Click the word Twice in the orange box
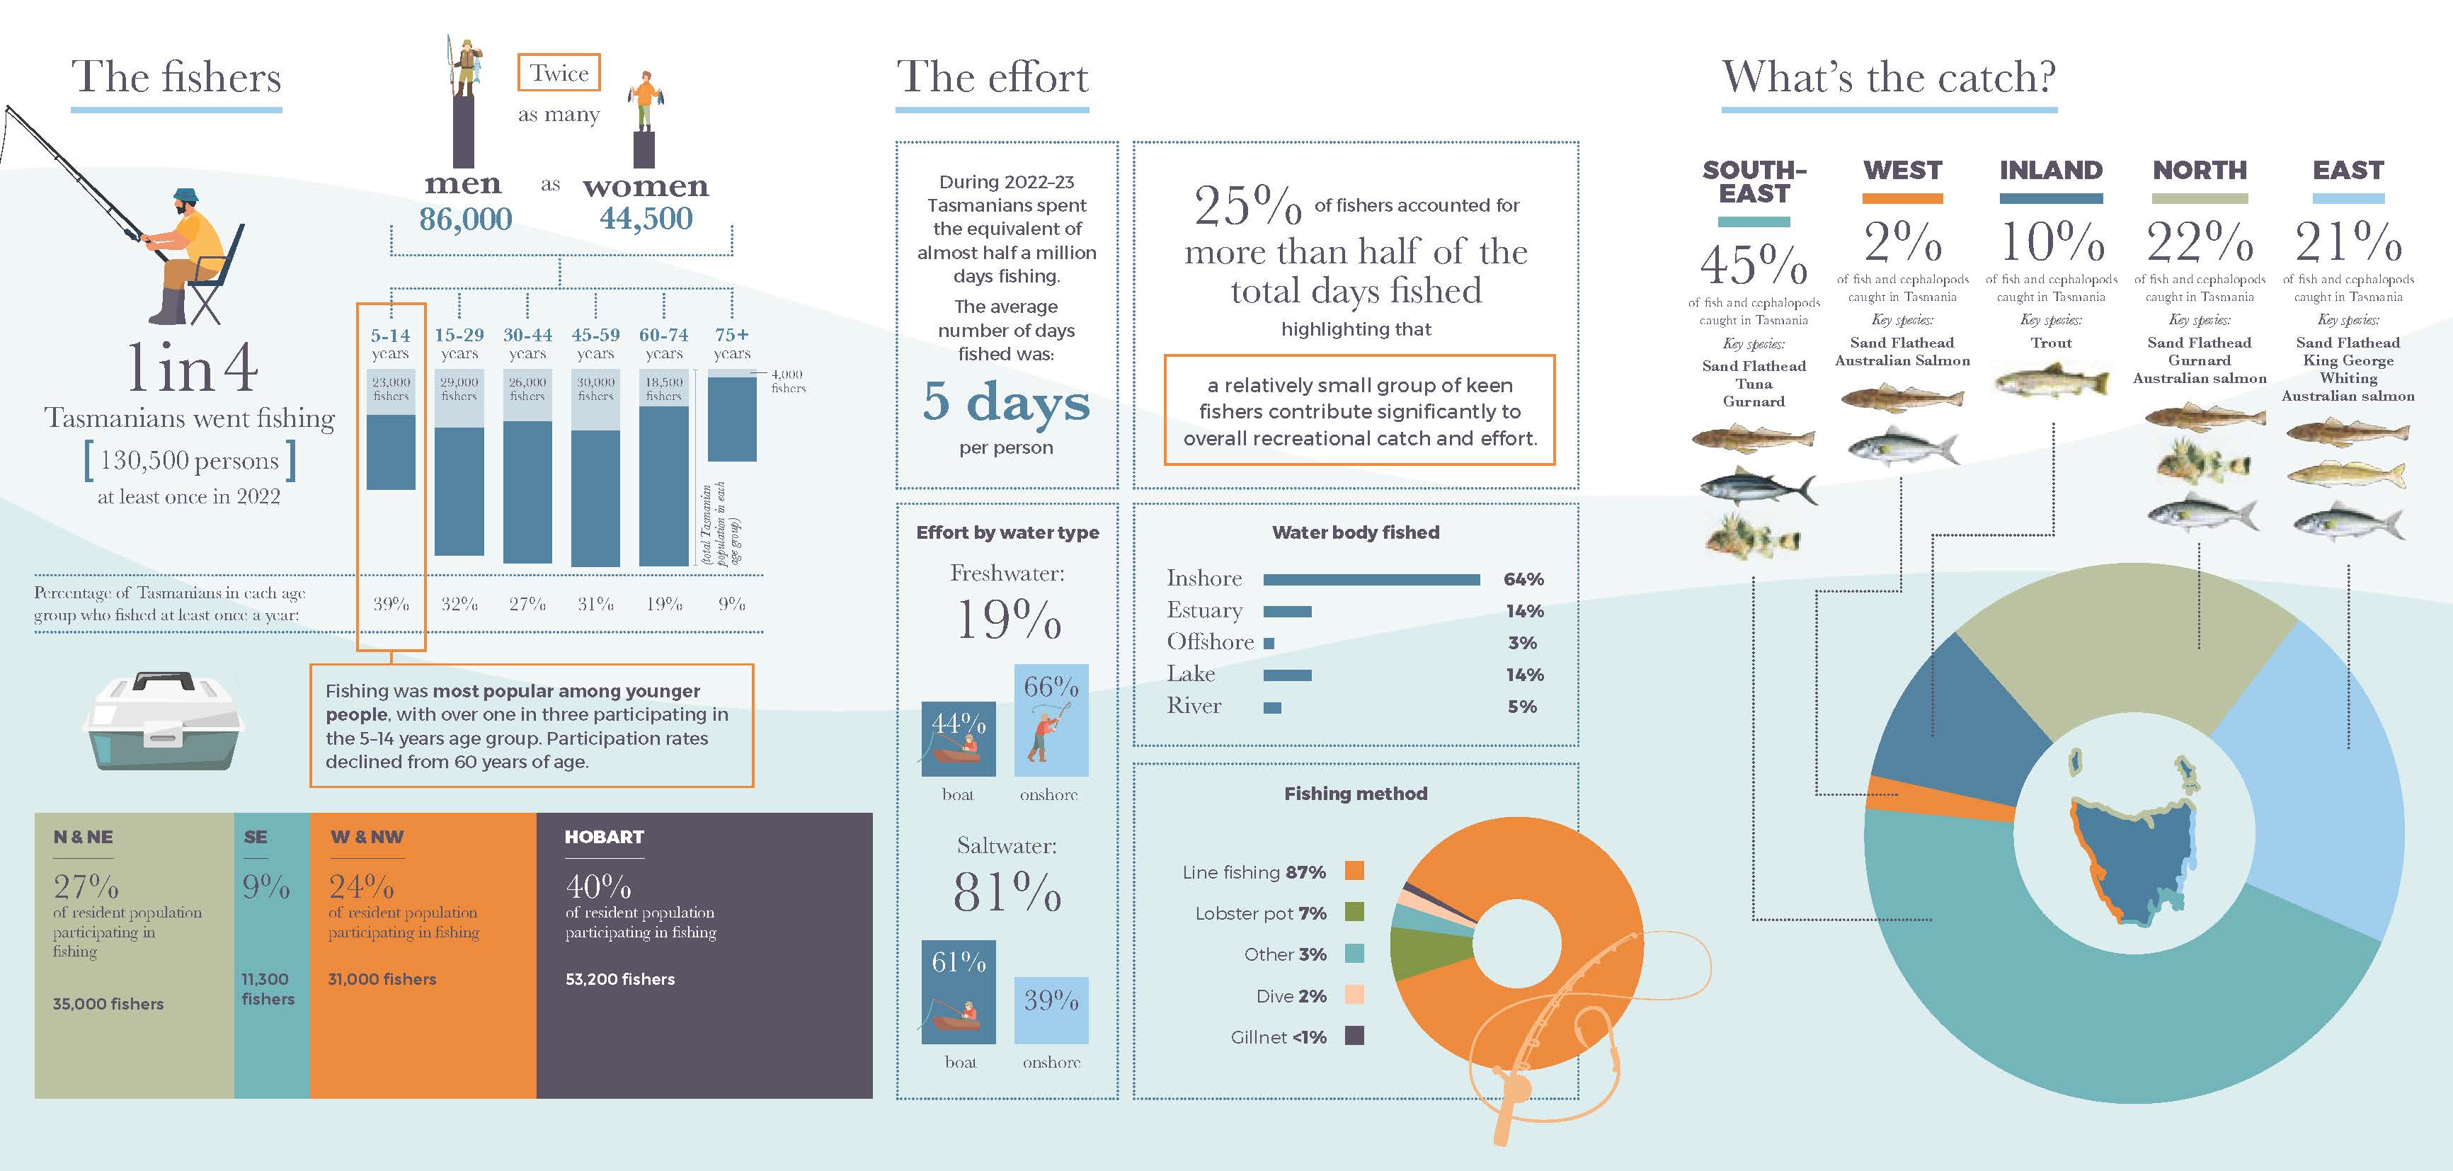click(559, 74)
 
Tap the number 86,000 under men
click(466, 218)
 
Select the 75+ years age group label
click(732, 343)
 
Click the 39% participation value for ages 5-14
click(390, 604)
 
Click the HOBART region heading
click(604, 837)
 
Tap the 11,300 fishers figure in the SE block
click(268, 988)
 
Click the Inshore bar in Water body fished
click(1371, 580)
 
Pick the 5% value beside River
click(1521, 707)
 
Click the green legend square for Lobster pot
click(1354, 912)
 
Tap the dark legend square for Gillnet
click(1354, 1036)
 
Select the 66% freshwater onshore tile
click(1051, 720)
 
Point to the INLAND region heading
click(2051, 171)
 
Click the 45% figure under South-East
click(1754, 263)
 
